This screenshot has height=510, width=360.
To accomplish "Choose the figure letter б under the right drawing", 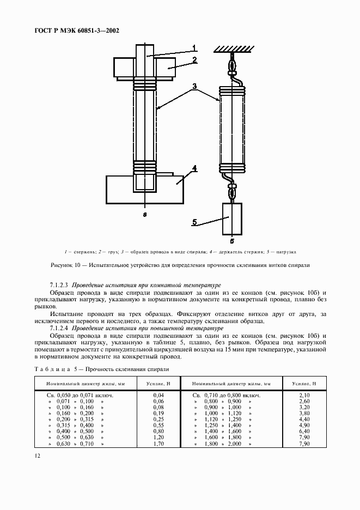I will click(x=231, y=241).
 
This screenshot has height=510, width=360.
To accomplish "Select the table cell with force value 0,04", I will click(x=158, y=394).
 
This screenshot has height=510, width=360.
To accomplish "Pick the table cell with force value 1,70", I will click(x=158, y=444).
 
